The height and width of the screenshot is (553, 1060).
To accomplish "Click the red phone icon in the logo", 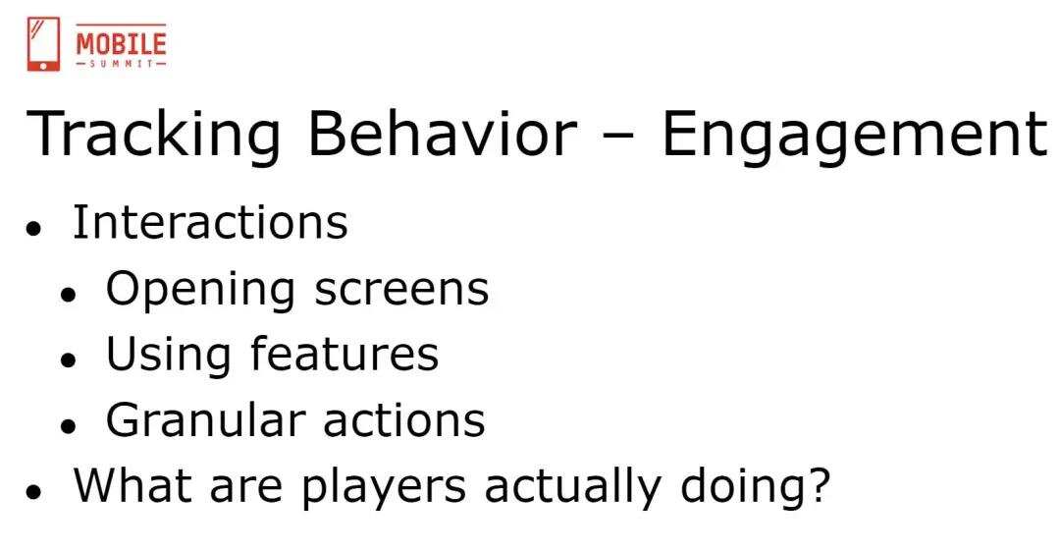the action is point(43,44).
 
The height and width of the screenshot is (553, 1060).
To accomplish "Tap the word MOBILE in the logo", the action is point(121,43).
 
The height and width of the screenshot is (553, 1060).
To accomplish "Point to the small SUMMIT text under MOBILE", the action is point(121,64).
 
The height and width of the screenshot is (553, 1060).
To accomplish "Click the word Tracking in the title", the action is point(153,134).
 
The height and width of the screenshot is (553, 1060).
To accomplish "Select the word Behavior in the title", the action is point(443,134).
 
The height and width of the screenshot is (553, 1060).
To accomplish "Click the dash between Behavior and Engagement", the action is point(619,137).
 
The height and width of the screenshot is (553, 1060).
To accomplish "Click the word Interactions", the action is point(210,221).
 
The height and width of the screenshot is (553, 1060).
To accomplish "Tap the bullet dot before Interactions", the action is point(33,228).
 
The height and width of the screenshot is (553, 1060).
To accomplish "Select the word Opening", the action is point(200,291).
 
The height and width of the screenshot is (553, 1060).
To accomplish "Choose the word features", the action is point(344,354).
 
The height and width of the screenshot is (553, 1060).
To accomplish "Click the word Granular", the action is point(205,419).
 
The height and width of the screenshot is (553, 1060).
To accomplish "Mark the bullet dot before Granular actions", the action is point(68,426).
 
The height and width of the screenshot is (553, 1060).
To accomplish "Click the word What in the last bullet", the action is point(132,484).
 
